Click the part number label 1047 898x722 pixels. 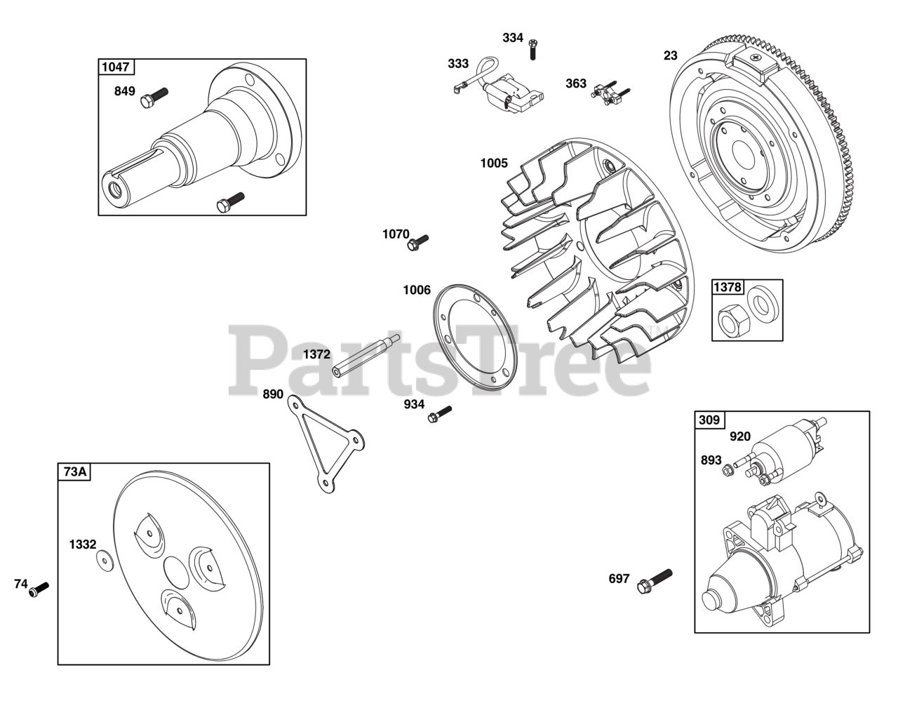pos(116,67)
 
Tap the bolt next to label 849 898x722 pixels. pos(154,98)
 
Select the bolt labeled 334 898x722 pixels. pos(532,49)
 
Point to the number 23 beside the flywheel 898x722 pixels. pos(670,55)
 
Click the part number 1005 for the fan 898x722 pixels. pos(494,163)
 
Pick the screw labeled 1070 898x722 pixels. pos(417,243)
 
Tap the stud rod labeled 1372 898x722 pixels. pos(366,356)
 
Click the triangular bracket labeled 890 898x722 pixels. pos(325,443)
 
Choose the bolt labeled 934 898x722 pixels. pos(440,414)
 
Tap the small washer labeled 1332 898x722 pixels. pos(105,561)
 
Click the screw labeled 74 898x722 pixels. pos(39,589)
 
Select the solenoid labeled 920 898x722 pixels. pos(780,455)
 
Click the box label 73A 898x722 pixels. pos(75,472)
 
